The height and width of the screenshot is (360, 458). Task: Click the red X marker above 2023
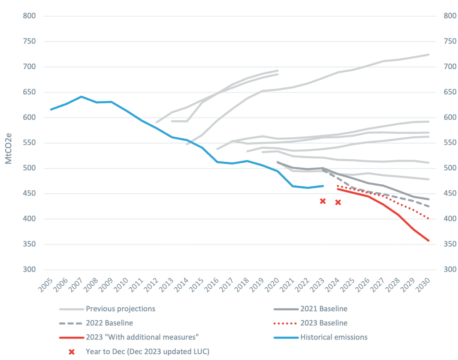(322, 201)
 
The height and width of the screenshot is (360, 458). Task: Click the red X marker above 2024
(338, 202)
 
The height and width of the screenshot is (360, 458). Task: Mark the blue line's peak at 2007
(81, 97)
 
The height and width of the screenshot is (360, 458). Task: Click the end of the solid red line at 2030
(428, 241)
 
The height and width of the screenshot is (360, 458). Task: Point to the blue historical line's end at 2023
(323, 186)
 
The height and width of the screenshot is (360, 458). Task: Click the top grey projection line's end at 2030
(428, 55)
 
